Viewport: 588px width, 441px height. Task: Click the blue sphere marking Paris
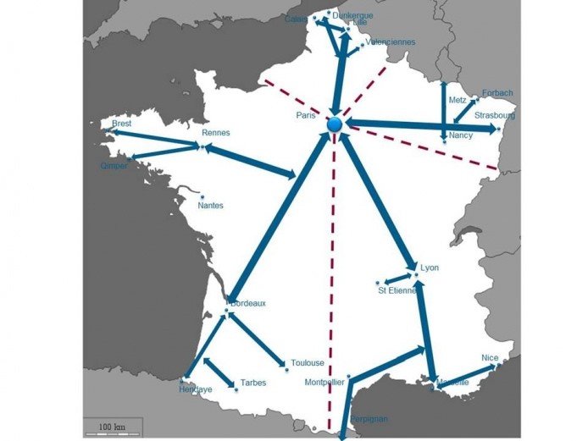coord(335,125)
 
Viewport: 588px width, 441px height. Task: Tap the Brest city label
coord(121,124)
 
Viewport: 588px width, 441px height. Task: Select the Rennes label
coord(216,133)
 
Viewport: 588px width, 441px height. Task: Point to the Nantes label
coord(210,205)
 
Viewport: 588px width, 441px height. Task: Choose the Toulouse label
coord(308,362)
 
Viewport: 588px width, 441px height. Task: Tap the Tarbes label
coord(252,383)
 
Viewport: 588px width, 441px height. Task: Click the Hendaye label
coord(196,389)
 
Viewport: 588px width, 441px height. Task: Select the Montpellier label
coord(324,383)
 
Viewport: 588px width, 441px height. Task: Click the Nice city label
coord(490,358)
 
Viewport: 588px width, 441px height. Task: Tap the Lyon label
coord(430,268)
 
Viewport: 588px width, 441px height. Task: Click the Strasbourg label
coord(494,115)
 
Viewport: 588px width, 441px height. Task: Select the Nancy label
coord(461,135)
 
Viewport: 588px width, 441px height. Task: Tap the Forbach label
coord(497,93)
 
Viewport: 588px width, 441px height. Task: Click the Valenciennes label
coord(390,41)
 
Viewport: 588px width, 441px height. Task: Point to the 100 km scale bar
coord(112,425)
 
